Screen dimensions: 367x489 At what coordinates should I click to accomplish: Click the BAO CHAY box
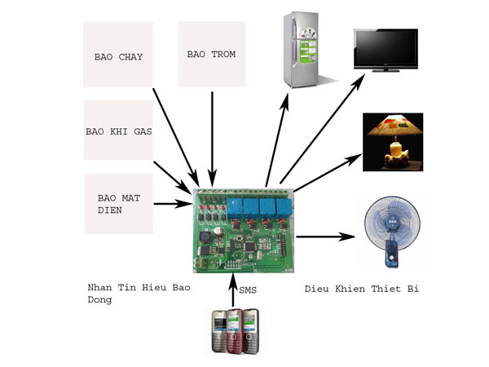118,55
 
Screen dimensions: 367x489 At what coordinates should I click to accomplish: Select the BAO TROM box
212,54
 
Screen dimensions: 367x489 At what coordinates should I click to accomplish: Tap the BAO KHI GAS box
118,130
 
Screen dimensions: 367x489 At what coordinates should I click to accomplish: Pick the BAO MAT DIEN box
118,203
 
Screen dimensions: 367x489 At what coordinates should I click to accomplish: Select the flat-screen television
385,51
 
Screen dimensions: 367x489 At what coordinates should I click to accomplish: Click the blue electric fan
392,232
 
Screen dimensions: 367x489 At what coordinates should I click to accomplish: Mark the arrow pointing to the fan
326,237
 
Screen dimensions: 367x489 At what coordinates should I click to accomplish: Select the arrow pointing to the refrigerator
276,139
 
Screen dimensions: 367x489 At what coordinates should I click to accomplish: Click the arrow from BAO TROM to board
212,139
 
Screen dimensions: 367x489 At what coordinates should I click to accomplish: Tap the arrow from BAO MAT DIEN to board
171,203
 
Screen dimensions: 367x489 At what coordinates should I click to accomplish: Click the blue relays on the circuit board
262,206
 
